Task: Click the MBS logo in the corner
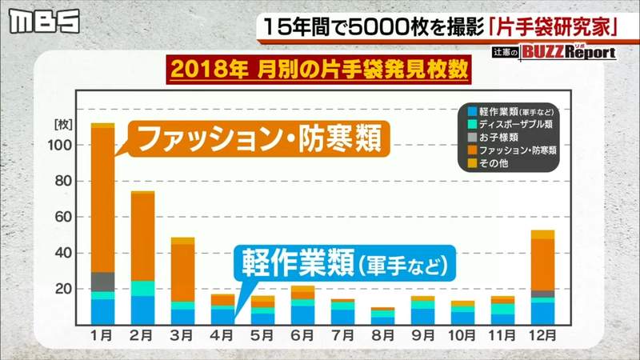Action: click(x=44, y=22)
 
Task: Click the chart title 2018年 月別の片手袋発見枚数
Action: click(x=318, y=70)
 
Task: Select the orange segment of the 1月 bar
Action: click(x=102, y=200)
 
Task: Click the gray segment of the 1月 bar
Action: click(x=102, y=282)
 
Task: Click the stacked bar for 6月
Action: click(x=302, y=305)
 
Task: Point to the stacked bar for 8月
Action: click(x=382, y=315)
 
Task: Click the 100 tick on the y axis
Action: click(x=64, y=146)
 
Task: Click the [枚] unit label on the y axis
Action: click(x=63, y=126)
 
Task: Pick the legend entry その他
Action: click(x=491, y=163)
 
